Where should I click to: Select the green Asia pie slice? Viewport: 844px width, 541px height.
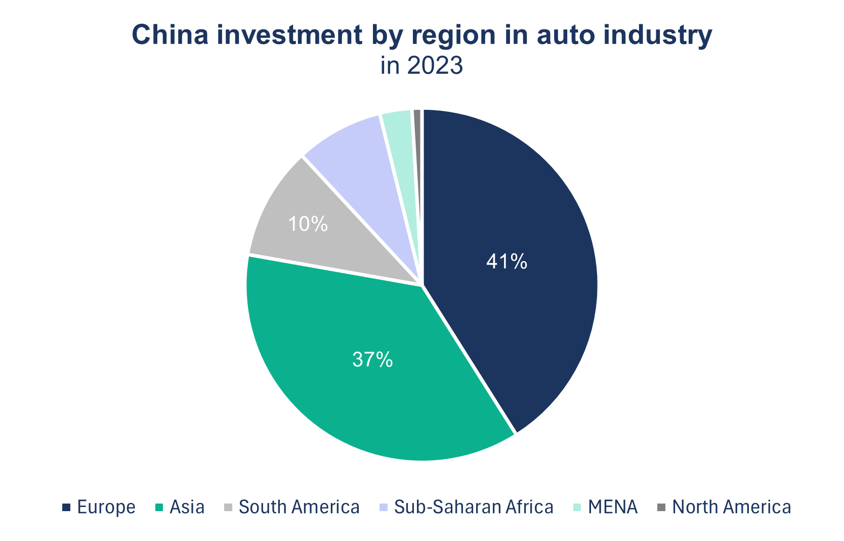pyautogui.click(x=354, y=385)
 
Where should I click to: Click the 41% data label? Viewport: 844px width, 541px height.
pyautogui.click(x=507, y=262)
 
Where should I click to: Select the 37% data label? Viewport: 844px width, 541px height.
pyautogui.click(x=372, y=360)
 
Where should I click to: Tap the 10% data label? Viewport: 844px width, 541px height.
pyautogui.click(x=308, y=224)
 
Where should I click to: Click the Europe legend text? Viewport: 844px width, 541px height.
pyautogui.click(x=106, y=507)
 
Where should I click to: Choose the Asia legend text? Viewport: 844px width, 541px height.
pyautogui.click(x=187, y=507)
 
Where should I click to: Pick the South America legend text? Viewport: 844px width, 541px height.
pyautogui.click(x=299, y=507)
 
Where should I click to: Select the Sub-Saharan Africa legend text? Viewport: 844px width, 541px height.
pyautogui.click(x=474, y=507)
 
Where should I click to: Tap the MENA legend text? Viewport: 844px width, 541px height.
pyautogui.click(x=613, y=507)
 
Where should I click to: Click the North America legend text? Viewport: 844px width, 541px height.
pyautogui.click(x=732, y=507)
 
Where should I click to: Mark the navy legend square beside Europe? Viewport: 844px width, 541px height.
pyautogui.click(x=66, y=507)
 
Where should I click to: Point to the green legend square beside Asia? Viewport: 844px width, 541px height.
pyautogui.click(x=158, y=507)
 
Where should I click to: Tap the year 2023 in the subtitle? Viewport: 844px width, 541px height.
pyautogui.click(x=435, y=66)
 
